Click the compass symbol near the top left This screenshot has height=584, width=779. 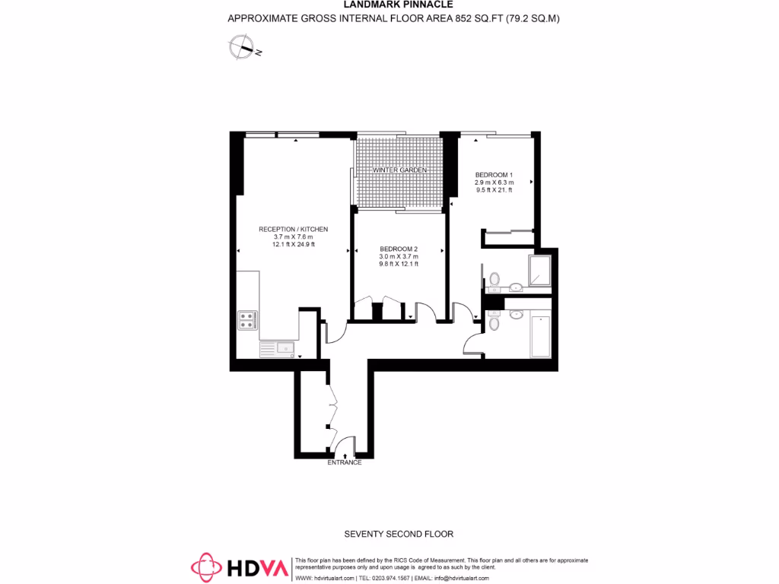pyautogui.click(x=243, y=48)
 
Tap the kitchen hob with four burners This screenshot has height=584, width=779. pyautogui.click(x=246, y=320)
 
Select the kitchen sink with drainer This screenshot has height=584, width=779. pyautogui.click(x=277, y=349)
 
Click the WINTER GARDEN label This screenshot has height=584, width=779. pyautogui.click(x=399, y=170)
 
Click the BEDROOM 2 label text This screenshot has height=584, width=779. pyautogui.click(x=399, y=249)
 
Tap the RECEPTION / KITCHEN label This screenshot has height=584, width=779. pyautogui.click(x=293, y=229)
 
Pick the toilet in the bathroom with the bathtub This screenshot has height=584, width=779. pyautogui.click(x=494, y=323)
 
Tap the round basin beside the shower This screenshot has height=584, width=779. pyautogui.click(x=517, y=287)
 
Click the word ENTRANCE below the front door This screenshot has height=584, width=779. pyautogui.click(x=344, y=462)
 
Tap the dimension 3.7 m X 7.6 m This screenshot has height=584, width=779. pyautogui.click(x=293, y=236)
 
